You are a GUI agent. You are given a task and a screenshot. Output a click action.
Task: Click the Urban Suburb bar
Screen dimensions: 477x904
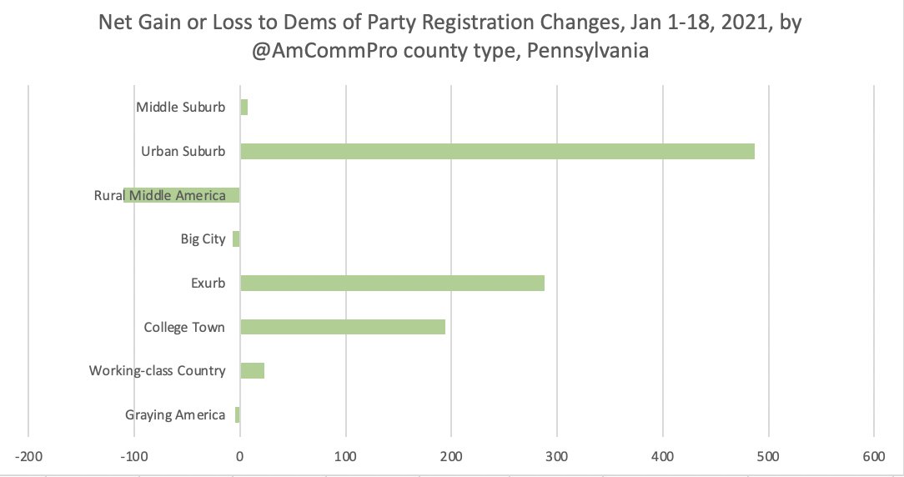coord(497,151)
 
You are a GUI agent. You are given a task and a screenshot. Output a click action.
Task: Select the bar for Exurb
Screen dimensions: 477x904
coord(392,283)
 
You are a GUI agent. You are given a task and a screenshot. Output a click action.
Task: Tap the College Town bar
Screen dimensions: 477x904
coord(343,327)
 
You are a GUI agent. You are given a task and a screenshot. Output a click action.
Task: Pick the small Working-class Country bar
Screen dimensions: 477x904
coord(253,370)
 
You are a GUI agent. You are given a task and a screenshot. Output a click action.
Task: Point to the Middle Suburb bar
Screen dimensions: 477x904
coord(244,108)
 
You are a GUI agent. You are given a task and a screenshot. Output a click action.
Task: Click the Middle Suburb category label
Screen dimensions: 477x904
coord(180,107)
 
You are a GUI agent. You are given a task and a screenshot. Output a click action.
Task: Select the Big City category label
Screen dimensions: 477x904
coord(203,239)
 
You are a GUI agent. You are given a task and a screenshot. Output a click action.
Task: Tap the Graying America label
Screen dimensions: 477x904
coord(175,414)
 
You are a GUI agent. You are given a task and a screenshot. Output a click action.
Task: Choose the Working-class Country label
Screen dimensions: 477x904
coord(157,370)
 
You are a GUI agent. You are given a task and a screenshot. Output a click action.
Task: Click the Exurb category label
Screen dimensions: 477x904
coord(208,283)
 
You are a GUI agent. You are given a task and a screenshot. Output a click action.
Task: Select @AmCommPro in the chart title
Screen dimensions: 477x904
coord(320,50)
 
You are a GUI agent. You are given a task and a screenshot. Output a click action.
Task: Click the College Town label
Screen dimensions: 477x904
coord(184,327)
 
